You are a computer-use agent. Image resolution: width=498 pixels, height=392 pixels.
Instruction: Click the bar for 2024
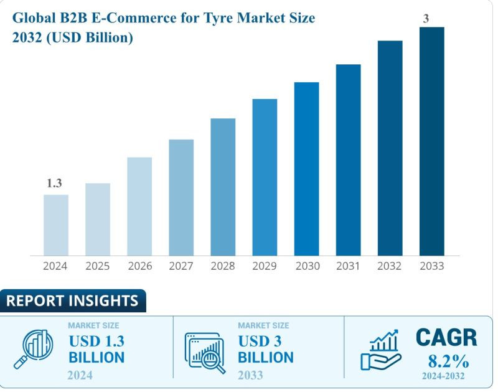pyautogui.click(x=56, y=225)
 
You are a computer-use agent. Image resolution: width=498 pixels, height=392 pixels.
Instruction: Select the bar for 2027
pyautogui.click(x=181, y=197)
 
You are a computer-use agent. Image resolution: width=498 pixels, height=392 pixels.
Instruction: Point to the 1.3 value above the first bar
pyautogui.click(x=55, y=183)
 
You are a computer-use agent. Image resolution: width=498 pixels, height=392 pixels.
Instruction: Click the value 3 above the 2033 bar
pyautogui.click(x=426, y=19)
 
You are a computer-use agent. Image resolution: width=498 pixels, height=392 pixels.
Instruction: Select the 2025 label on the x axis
pyautogui.click(x=98, y=266)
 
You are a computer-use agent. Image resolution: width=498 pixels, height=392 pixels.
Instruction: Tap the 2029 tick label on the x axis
pyautogui.click(x=265, y=266)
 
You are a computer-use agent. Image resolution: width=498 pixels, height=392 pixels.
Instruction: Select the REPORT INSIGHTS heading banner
pyautogui.click(x=72, y=301)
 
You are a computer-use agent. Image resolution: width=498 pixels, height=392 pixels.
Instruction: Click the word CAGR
pyautogui.click(x=446, y=338)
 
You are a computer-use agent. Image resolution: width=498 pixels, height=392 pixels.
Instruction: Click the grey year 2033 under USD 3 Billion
pyautogui.click(x=250, y=375)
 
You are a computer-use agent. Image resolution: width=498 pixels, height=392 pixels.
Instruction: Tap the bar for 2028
pyautogui.click(x=223, y=186)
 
